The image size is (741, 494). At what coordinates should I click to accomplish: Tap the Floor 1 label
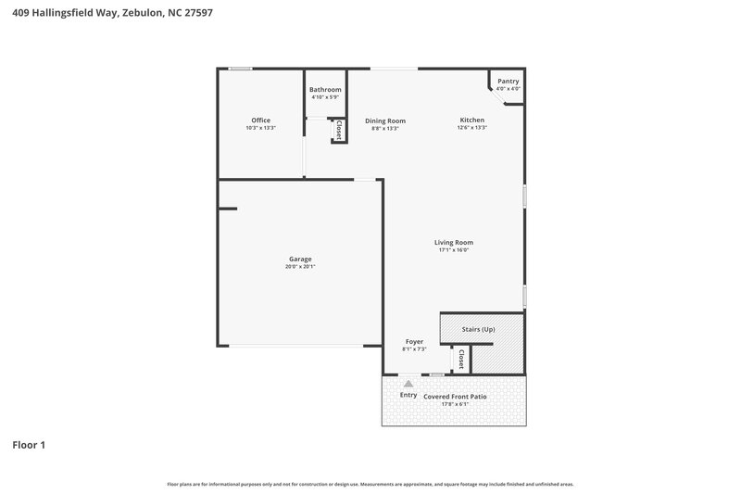29,445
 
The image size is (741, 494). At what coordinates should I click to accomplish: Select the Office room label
260,120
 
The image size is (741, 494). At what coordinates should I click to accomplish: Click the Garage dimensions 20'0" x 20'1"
300,267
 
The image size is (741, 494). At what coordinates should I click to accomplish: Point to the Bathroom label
325,90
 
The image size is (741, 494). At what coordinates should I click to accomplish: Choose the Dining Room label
384,120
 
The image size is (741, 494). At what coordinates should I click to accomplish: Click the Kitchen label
472,120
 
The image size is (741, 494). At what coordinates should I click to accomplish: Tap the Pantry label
508,82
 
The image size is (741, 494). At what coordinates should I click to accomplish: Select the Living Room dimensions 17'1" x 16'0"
454,249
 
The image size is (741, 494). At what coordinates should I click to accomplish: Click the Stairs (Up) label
479,329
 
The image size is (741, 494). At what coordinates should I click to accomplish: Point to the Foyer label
413,341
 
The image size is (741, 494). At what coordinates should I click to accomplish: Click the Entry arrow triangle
408,381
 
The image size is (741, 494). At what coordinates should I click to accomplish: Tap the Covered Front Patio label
455,396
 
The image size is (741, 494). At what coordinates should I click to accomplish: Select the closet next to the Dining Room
340,131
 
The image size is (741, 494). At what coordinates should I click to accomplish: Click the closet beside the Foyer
460,359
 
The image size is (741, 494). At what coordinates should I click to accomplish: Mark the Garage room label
300,259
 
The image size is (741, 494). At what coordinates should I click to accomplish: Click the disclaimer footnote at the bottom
370,484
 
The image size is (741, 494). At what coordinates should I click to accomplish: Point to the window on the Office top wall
241,68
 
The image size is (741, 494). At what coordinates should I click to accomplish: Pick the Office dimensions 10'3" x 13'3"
260,128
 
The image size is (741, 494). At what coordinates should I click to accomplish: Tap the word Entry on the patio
408,396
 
